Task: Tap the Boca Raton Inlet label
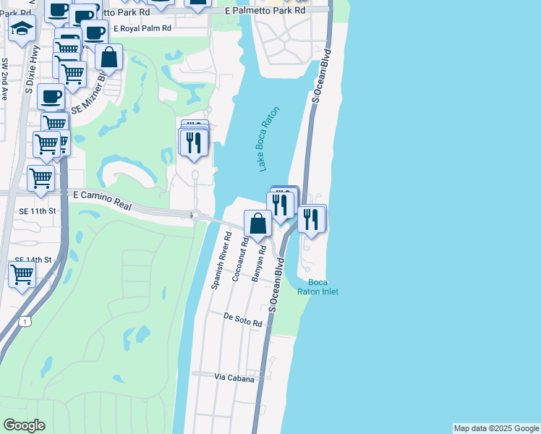[x=318, y=286]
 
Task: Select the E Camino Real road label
[x=103, y=200]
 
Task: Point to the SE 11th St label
[x=35, y=210]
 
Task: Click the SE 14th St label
[x=34, y=259]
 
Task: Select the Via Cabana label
[x=234, y=378]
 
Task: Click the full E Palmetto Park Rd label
[x=265, y=12]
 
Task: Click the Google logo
[x=24, y=425]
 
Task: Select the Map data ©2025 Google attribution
[x=495, y=428]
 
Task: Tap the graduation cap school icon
[x=22, y=30]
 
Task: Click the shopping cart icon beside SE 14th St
[x=22, y=275]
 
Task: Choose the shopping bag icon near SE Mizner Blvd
[x=108, y=57]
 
